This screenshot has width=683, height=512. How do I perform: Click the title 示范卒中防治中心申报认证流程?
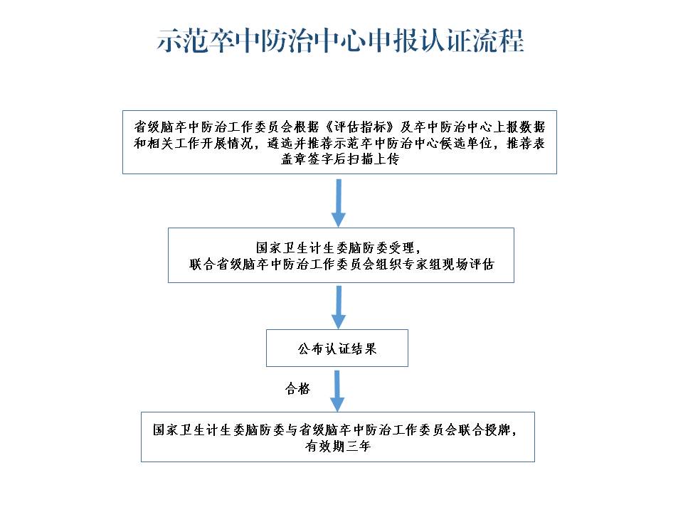point(340,41)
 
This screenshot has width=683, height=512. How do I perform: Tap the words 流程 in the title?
point(498,41)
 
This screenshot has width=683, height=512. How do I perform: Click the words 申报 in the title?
point(393,41)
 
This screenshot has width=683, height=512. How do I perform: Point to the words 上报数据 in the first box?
point(519,127)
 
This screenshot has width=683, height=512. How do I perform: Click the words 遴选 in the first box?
point(280,143)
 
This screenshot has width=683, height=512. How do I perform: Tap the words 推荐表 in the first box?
point(526,143)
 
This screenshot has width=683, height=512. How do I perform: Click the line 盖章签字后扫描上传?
point(340,159)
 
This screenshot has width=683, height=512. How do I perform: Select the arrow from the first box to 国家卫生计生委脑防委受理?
point(339,203)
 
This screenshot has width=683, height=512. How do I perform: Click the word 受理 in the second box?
point(401,247)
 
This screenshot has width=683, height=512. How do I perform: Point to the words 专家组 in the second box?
point(423,264)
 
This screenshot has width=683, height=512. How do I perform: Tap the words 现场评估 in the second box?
point(468,264)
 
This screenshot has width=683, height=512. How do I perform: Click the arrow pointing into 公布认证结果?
point(339,307)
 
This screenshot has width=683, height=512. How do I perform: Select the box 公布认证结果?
point(337,348)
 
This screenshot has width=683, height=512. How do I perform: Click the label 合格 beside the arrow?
point(297,388)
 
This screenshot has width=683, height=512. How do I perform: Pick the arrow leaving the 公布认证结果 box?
point(337,390)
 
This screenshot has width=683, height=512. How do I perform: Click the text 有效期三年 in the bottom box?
point(337,446)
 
